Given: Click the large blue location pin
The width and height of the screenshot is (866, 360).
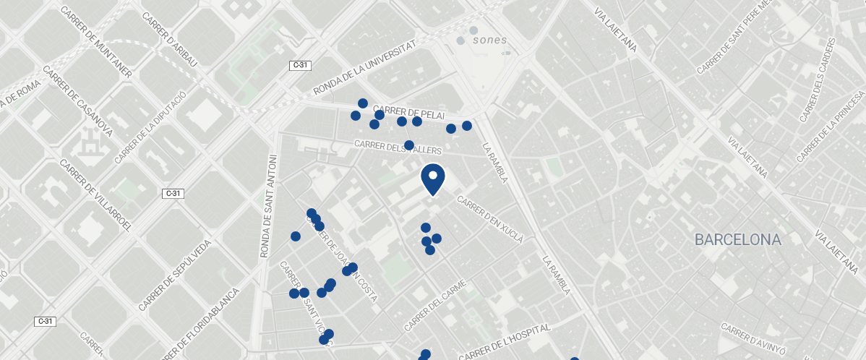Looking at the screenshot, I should (x=432, y=179).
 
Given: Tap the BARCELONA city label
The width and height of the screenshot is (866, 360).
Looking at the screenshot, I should (x=738, y=239).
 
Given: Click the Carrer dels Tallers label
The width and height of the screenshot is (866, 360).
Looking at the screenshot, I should (x=398, y=147).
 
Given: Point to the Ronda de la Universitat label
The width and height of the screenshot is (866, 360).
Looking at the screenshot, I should (x=366, y=67).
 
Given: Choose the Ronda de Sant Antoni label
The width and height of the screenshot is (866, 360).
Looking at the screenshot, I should (x=267, y=206).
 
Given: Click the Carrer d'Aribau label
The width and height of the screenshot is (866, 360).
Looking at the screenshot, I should (x=170, y=40).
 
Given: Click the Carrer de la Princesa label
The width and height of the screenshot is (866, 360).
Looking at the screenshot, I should (x=831, y=127).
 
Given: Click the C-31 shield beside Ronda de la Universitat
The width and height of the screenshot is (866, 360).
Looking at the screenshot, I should (x=300, y=65).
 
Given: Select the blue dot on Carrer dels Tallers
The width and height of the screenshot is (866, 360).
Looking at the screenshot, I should (x=409, y=145).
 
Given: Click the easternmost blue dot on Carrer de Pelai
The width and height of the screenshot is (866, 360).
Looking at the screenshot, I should (x=467, y=126).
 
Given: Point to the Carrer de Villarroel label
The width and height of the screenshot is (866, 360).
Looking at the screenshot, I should (x=96, y=196).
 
